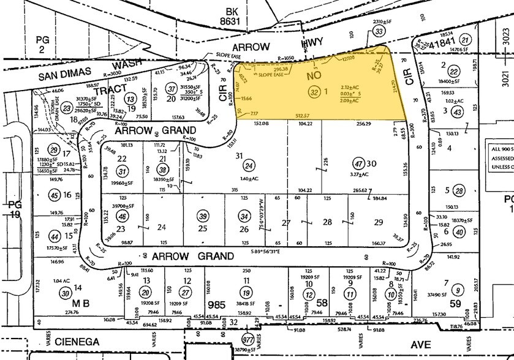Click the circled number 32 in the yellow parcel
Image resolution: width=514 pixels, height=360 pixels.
314,92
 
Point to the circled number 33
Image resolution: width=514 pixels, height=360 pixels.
380,32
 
